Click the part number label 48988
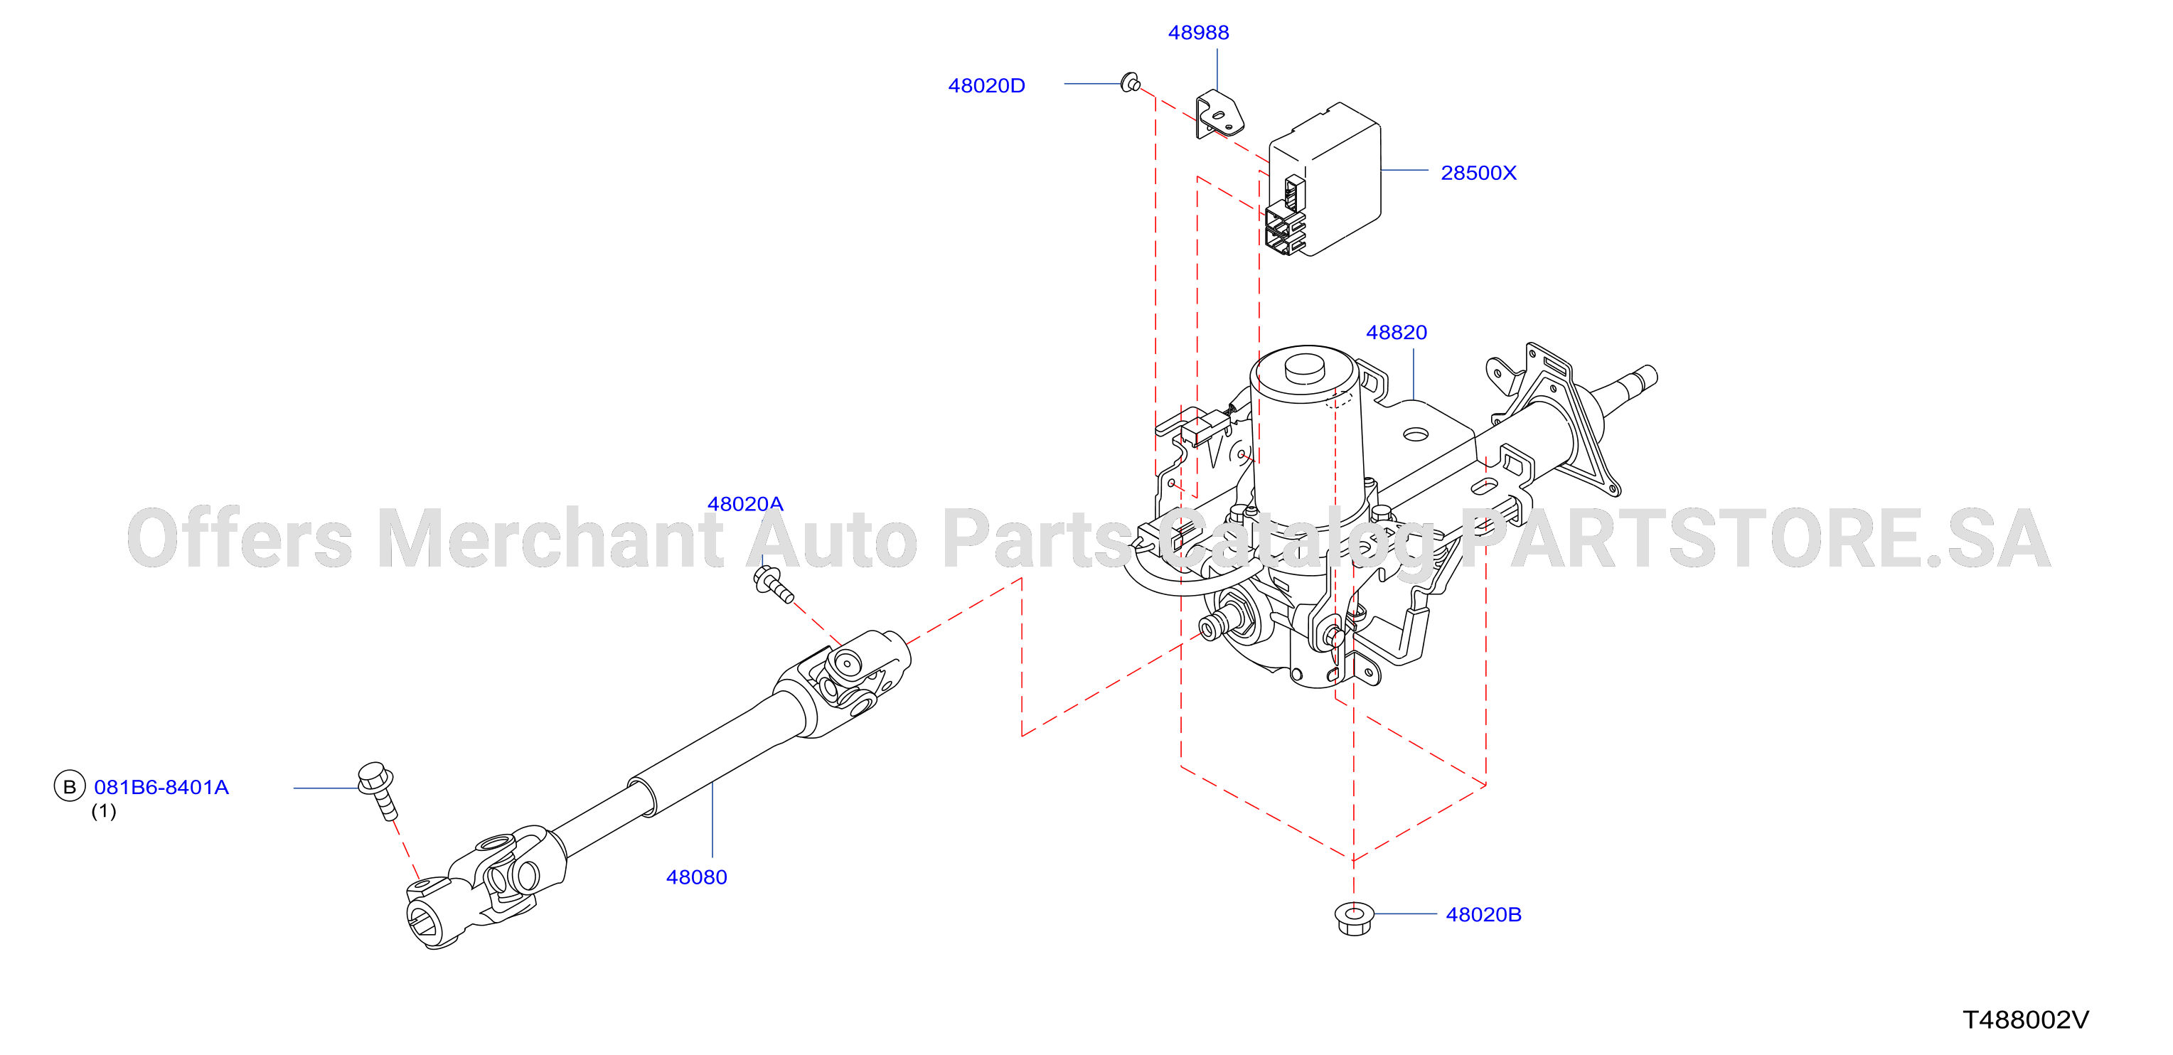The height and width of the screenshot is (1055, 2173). coord(1198,33)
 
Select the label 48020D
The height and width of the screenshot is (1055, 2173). coord(986,86)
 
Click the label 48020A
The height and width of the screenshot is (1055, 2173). coord(745,504)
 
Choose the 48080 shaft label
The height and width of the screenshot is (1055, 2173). coord(696,877)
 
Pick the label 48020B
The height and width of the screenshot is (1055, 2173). coord(1483,915)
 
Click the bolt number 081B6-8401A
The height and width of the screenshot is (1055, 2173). coord(161,787)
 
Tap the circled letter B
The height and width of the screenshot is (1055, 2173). coord(69,787)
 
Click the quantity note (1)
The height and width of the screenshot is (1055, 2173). coord(104,811)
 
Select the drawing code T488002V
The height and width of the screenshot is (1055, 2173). coord(2025,1020)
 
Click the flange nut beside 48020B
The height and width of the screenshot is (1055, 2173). coord(1354,918)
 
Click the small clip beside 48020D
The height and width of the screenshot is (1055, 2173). coord(1131,82)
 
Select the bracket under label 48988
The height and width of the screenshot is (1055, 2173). coord(1219,114)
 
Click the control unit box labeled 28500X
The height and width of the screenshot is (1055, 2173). coord(1323,178)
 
